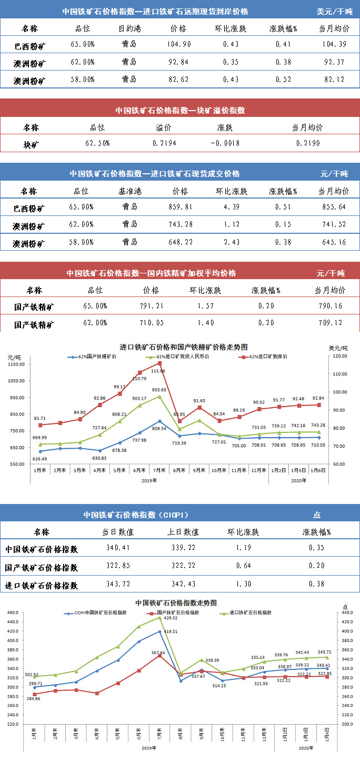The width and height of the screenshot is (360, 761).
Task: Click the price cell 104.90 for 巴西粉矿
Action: coord(178,45)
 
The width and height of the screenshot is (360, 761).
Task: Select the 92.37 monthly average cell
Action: coord(335,63)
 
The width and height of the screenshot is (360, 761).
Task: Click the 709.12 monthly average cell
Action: coord(329,323)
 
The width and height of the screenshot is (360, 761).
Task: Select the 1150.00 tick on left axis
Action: coord(17,364)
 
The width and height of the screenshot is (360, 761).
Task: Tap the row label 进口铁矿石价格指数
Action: coord(42,585)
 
